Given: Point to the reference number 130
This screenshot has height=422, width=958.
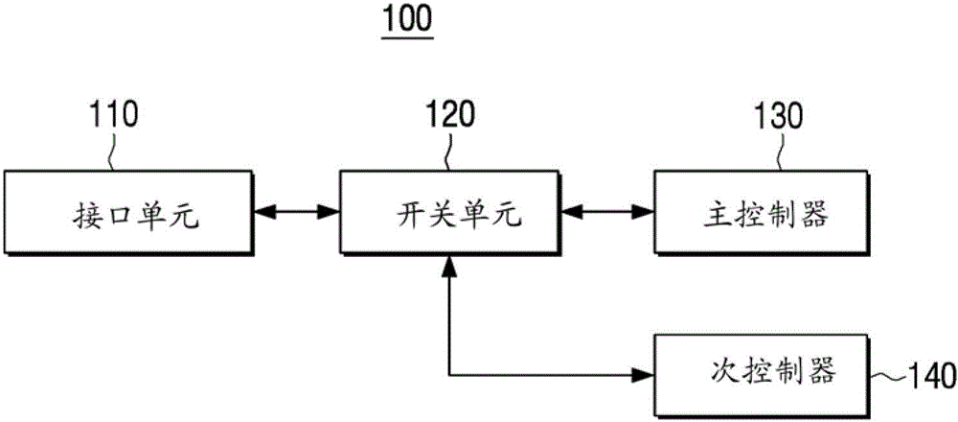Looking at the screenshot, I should pos(778,118).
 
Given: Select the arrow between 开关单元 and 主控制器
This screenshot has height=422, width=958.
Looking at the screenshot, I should pos(607,209).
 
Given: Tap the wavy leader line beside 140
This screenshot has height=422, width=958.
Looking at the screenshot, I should pos(887,373).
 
